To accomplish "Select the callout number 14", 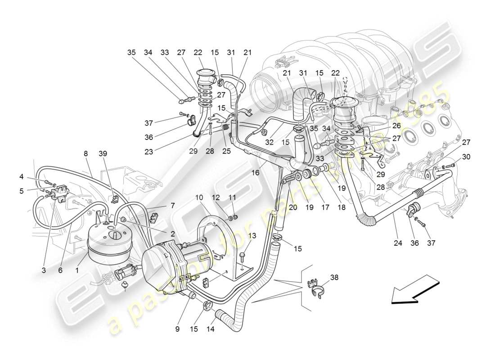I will (x=211, y=329).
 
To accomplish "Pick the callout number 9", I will (x=177, y=329).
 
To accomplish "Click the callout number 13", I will (x=252, y=235).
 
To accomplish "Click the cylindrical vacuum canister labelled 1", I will (x=110, y=243).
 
